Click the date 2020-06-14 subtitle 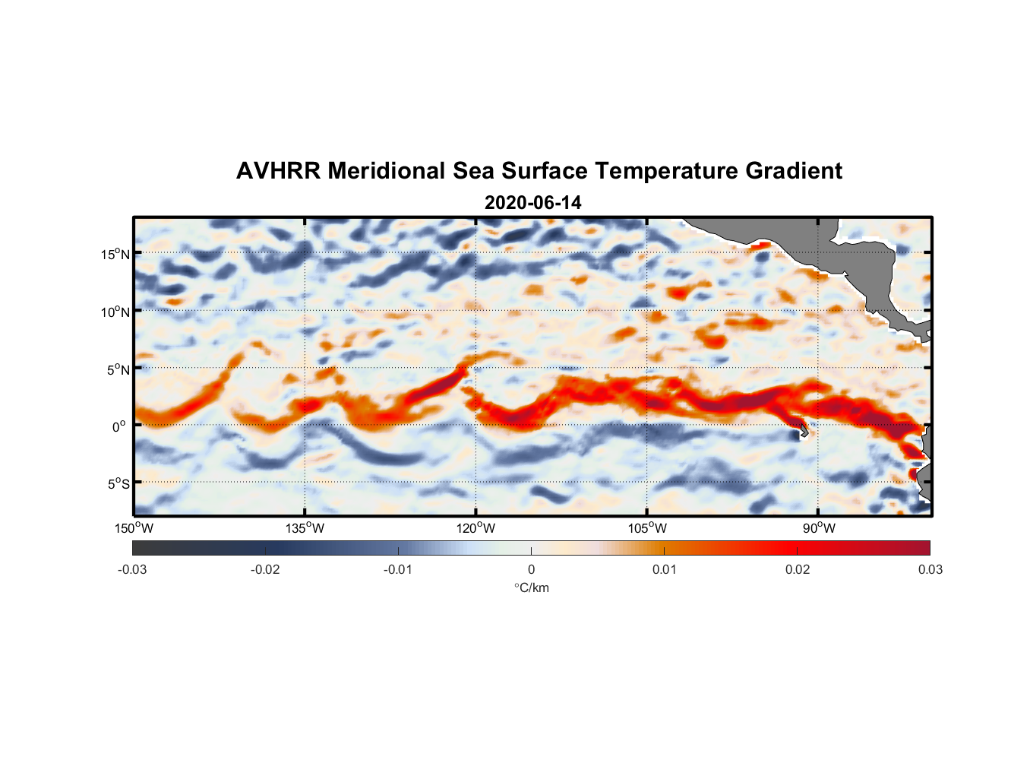532,203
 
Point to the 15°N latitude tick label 115,254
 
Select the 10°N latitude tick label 115,312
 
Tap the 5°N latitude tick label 118,369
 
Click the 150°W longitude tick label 134,528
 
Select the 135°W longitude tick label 305,528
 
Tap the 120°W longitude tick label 476,528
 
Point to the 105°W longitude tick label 647,528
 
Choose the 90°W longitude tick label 819,528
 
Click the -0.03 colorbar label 132,569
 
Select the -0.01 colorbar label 398,569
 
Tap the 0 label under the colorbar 531,569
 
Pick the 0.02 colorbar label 798,569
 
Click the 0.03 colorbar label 930,569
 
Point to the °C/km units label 531,587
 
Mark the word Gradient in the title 794,171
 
